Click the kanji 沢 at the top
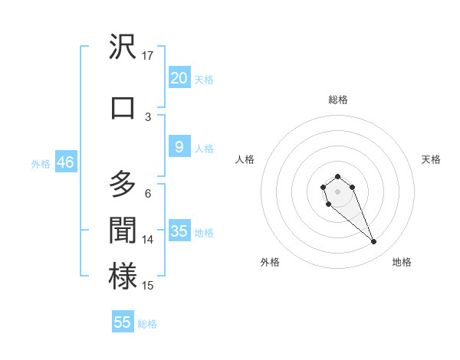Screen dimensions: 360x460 (x=123, y=47)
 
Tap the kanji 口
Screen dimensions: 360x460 (x=123, y=107)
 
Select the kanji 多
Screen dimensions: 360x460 (x=123, y=185)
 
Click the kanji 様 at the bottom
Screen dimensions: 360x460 (x=123, y=277)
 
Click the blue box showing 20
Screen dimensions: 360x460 (x=179, y=78)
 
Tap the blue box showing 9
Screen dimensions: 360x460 (x=179, y=147)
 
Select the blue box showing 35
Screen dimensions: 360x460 (x=179, y=231)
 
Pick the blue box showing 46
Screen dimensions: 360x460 (x=65, y=162)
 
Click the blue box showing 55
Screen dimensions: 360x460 (x=123, y=322)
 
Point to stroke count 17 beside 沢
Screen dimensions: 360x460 (x=148, y=55)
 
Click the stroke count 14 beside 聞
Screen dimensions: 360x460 (x=148, y=240)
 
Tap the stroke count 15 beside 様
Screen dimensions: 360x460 (x=148, y=286)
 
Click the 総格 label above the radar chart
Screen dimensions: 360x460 (x=337, y=100)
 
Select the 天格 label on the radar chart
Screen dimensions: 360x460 (x=431, y=159)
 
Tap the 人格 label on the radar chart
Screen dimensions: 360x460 (x=245, y=159)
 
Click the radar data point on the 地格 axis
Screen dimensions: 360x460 (x=374, y=242)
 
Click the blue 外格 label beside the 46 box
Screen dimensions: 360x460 (x=40, y=163)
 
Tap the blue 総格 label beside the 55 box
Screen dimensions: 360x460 (x=147, y=324)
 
